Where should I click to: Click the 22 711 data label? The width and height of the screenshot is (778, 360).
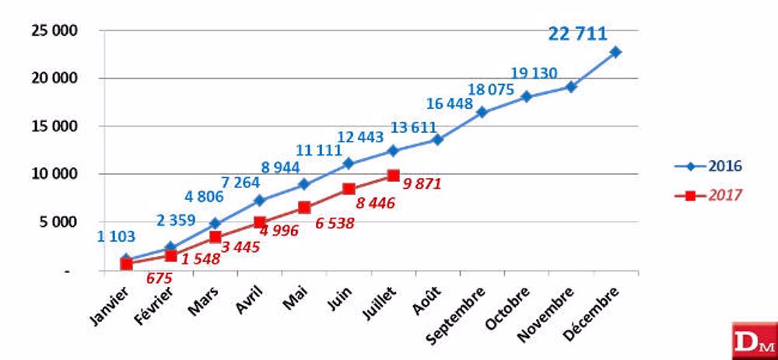coord(577,33)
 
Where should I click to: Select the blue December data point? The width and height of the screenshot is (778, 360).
coord(615,52)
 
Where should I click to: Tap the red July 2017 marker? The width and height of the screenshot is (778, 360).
coord(393,176)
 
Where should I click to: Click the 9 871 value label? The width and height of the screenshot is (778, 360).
coord(426,183)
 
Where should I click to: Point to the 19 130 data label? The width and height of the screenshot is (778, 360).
coord(534,74)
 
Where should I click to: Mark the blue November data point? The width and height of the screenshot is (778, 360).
coord(571,87)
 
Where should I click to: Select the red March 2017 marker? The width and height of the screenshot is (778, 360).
coord(215,236)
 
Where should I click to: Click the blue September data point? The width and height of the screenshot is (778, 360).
coord(482,112)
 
